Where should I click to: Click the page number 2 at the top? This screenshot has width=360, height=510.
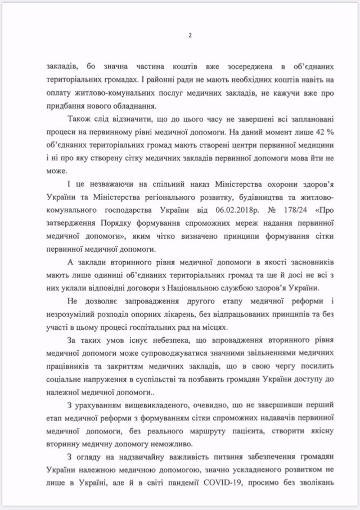[190, 35]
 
